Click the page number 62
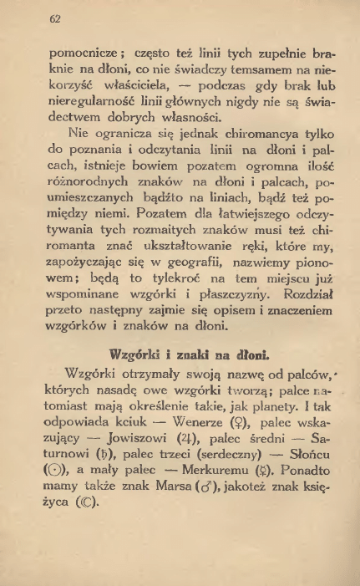click(x=57, y=19)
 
